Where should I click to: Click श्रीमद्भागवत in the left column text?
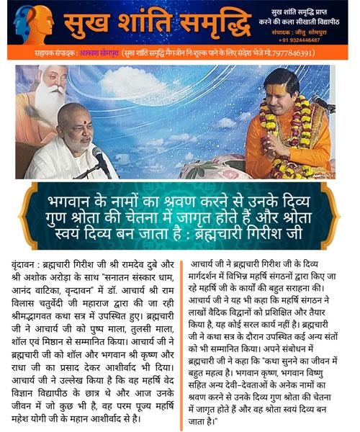36,315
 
